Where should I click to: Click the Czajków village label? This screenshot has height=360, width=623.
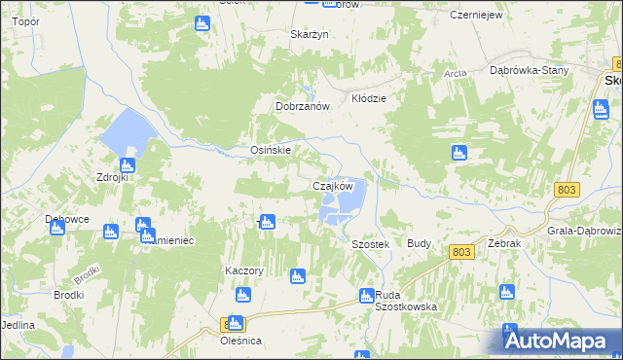339,185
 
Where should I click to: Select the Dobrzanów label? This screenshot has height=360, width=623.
305,107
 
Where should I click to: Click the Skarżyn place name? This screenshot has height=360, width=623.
310,34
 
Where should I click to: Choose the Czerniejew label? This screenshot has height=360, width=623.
475,16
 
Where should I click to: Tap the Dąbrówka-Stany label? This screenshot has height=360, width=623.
529,70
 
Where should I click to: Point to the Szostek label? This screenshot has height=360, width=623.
370,245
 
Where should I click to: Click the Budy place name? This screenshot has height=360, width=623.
420,243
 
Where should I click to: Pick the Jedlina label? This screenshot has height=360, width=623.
18,324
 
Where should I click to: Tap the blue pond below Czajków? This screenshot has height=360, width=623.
344,204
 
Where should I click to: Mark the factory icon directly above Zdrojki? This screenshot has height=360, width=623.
127,165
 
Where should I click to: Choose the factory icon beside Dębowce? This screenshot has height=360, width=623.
57,228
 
